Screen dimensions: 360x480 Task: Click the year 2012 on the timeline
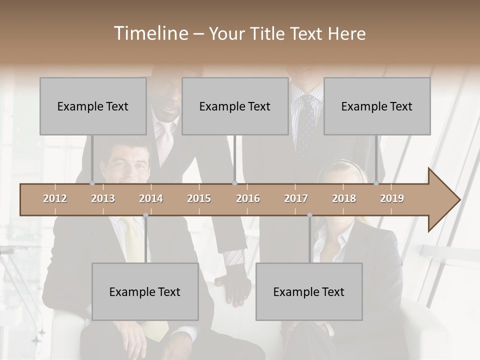click(x=55, y=198)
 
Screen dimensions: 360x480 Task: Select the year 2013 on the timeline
click(x=103, y=198)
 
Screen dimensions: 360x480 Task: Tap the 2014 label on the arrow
click(x=151, y=198)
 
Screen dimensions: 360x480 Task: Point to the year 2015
click(x=199, y=198)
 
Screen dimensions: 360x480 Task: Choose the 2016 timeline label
click(x=248, y=198)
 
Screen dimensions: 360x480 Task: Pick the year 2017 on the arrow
click(x=296, y=198)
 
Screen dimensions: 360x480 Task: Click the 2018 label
click(x=344, y=198)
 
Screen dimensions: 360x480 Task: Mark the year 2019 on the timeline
click(x=392, y=198)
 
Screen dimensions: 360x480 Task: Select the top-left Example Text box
click(x=93, y=106)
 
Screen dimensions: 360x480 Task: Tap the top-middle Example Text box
click(x=235, y=106)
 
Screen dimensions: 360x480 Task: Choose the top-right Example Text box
click(x=377, y=106)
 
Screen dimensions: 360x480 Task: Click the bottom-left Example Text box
click(x=145, y=291)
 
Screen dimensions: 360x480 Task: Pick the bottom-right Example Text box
click(x=309, y=291)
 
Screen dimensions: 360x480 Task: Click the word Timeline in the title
click(x=150, y=33)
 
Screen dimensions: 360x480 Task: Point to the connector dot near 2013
click(x=92, y=183)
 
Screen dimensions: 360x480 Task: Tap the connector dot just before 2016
click(x=234, y=183)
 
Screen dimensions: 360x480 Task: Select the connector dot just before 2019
click(x=376, y=183)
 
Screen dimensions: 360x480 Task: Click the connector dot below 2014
click(x=145, y=215)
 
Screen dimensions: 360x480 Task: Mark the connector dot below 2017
click(x=309, y=215)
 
